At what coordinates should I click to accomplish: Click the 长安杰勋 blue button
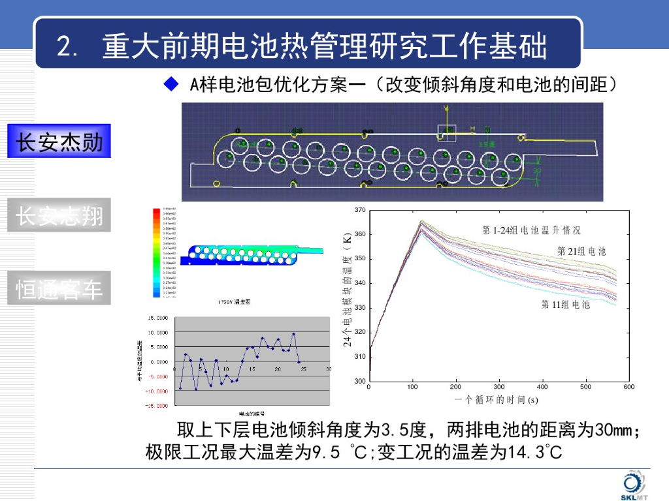59,142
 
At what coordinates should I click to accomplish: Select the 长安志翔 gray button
59,215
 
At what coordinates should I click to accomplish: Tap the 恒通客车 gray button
59,288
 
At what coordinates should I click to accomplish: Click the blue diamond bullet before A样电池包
171,84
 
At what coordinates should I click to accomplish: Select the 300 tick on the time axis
499,387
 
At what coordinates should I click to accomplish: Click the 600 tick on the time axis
628,387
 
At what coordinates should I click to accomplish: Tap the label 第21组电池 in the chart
581,251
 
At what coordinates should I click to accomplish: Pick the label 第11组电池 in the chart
566,305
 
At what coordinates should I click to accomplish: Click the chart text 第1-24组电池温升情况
530,230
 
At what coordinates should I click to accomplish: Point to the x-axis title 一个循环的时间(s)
496,400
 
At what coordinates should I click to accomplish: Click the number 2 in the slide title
63,48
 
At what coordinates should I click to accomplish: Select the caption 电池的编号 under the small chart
252,414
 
